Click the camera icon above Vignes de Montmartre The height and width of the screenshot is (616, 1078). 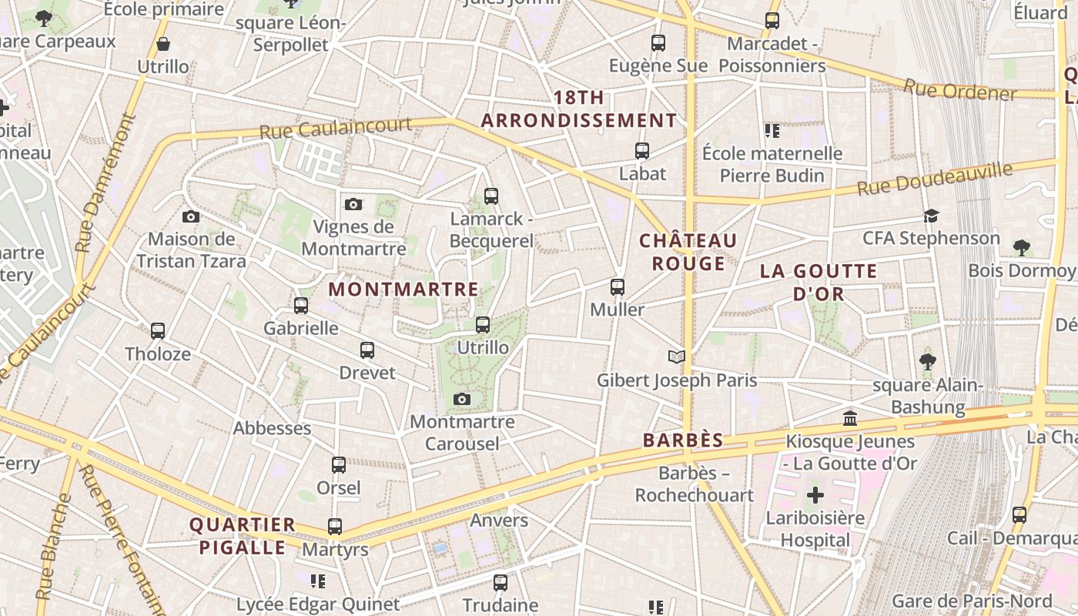click(x=353, y=204)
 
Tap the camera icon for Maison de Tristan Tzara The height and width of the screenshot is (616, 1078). click(x=191, y=217)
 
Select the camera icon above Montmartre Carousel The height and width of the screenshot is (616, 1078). click(x=462, y=399)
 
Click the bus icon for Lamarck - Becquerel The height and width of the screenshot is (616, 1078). click(x=491, y=196)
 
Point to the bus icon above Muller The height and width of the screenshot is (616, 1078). click(x=617, y=287)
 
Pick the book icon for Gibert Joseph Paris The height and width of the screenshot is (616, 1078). click(x=677, y=357)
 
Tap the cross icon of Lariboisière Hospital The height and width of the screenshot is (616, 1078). click(x=815, y=494)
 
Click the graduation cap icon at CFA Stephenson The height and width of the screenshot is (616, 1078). click(x=932, y=216)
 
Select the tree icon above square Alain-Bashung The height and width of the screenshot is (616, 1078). click(x=928, y=361)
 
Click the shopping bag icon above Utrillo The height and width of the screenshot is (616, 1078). click(x=163, y=44)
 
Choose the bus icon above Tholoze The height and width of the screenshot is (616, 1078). click(x=158, y=331)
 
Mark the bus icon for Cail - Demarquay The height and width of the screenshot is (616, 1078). click(x=1019, y=515)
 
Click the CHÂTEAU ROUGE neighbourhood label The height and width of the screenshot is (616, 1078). click(x=688, y=252)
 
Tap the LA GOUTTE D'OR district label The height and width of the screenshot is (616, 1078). click(x=819, y=282)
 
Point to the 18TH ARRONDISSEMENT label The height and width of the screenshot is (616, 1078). click(x=579, y=109)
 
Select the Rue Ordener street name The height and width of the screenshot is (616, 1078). click(x=960, y=90)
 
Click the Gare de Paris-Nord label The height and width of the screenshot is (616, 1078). click(x=972, y=601)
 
